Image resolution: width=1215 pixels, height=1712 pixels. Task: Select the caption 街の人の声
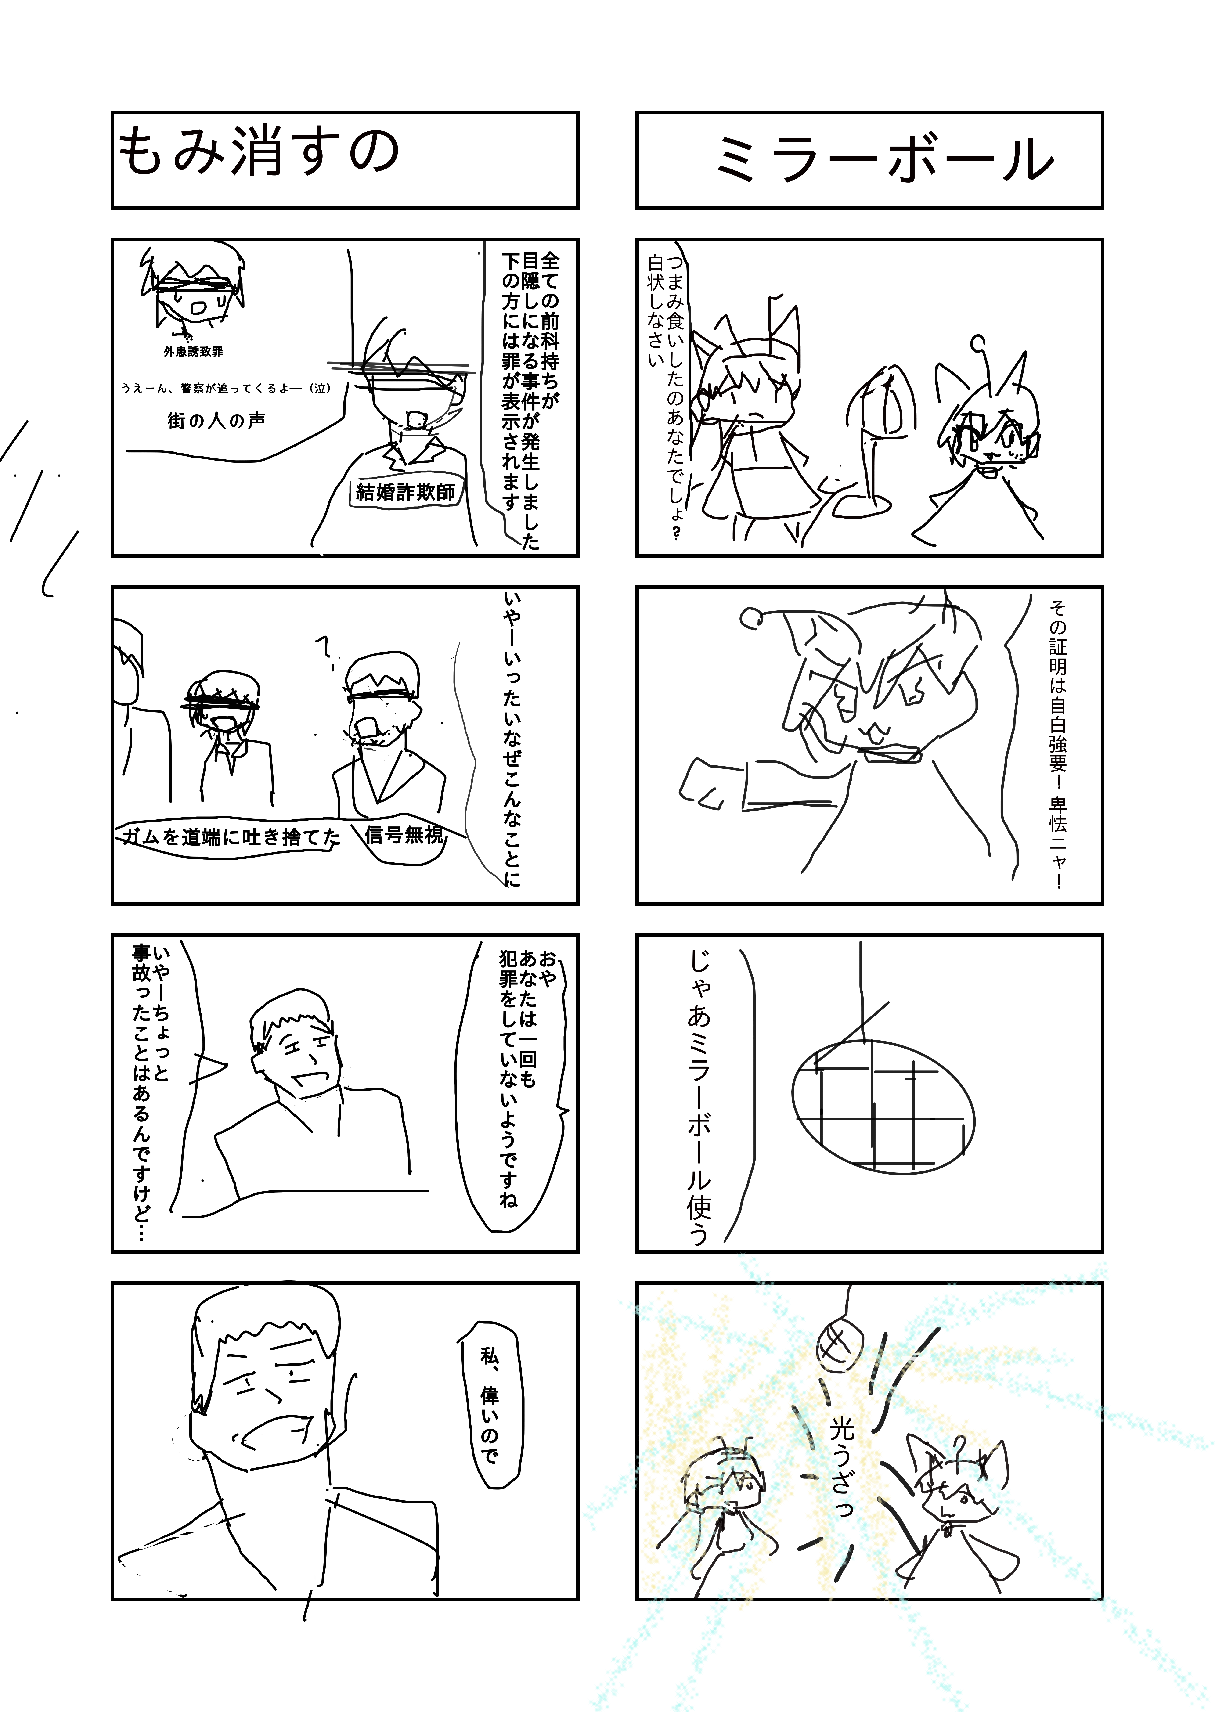216,421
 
